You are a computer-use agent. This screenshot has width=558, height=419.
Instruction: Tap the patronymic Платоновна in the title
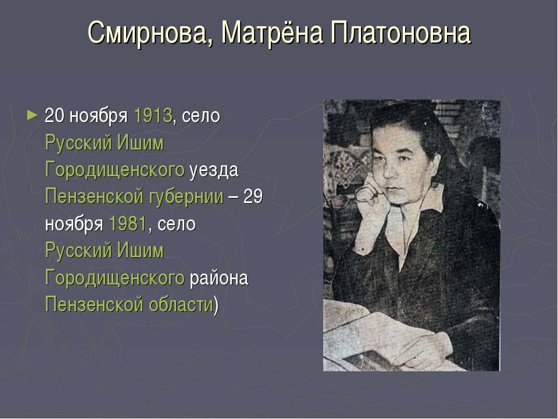[400, 34]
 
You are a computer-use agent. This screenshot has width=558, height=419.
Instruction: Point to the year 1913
[153, 115]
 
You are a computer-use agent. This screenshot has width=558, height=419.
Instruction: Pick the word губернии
[194, 197]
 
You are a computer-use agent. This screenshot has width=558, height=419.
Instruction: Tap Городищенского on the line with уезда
[115, 170]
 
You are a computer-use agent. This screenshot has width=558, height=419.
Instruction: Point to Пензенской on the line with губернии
[92, 197]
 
